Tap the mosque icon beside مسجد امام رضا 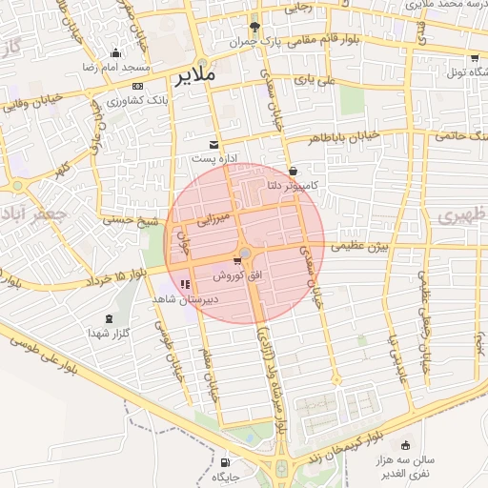click(x=116, y=53)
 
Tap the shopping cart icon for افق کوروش click(x=236, y=261)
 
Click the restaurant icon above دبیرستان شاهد click(x=185, y=284)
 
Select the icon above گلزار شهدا click(x=107, y=318)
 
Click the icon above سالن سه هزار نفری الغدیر click(x=407, y=444)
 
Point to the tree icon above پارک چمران click(x=254, y=27)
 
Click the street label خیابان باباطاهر click(x=342, y=136)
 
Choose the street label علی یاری click(x=315, y=80)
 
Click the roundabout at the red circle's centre click(x=245, y=252)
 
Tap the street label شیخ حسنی click(x=137, y=221)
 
